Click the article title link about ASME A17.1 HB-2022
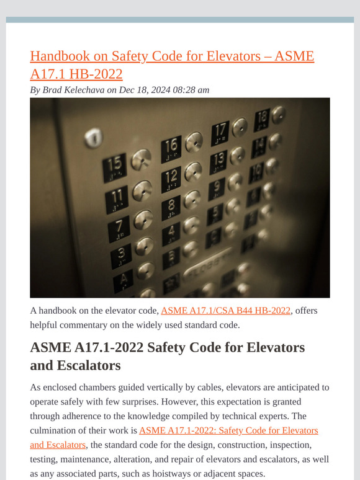pos(172,65)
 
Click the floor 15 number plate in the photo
pos(115,166)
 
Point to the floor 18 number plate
pos(261,117)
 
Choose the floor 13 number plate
pos(219,161)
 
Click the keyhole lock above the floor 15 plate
pos(93,136)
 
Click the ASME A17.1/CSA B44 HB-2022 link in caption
pos(225,311)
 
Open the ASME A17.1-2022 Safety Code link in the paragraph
pos(228,430)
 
